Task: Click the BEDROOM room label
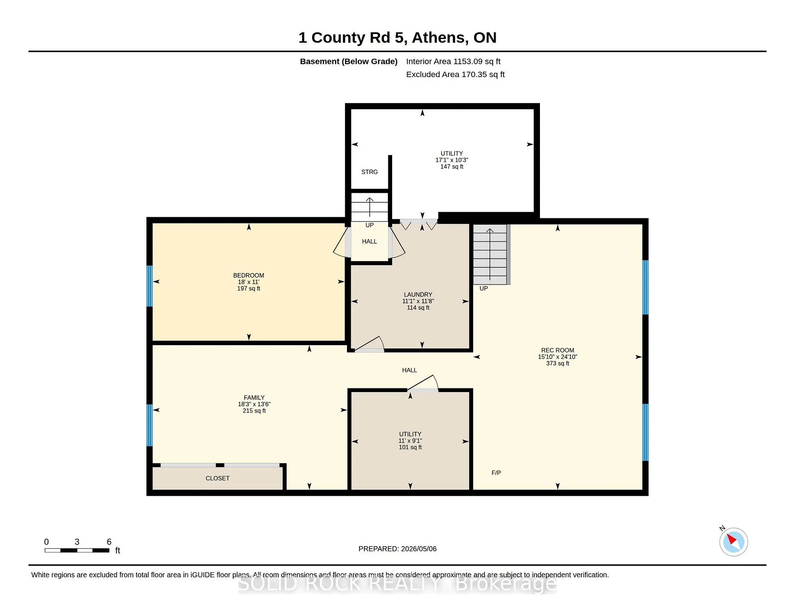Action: (x=248, y=276)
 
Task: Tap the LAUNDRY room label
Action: (x=418, y=295)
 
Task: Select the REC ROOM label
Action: (x=557, y=350)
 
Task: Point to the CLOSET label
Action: (x=217, y=478)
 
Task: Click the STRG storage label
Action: (x=369, y=172)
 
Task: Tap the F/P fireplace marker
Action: (x=496, y=473)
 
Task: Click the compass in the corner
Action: (x=733, y=542)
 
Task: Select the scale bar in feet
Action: (x=77, y=550)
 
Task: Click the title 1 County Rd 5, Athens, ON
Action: (x=397, y=38)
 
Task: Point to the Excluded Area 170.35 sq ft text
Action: (x=455, y=75)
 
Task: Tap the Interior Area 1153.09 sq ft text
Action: (x=453, y=61)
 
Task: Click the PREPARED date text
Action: (x=397, y=549)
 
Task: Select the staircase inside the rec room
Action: (x=491, y=254)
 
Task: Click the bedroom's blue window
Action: (x=149, y=286)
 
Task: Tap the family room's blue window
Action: (x=149, y=425)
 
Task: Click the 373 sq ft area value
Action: (x=557, y=363)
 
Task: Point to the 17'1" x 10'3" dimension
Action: (x=452, y=160)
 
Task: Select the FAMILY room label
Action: (x=254, y=398)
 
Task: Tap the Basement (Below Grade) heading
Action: (x=349, y=61)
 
